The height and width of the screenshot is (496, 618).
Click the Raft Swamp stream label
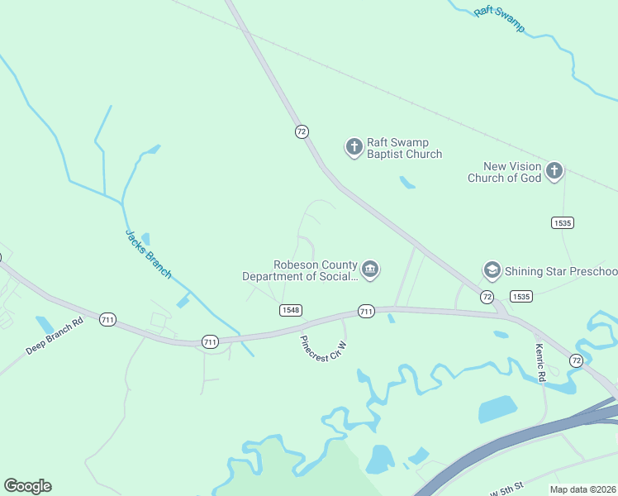point(500,20)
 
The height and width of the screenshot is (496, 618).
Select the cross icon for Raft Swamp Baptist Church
point(354,148)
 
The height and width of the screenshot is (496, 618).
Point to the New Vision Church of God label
point(504,172)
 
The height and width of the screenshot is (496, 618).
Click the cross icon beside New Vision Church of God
point(554,172)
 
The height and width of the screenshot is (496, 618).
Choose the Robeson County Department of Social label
point(300,270)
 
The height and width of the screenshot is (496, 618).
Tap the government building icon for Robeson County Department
point(370,269)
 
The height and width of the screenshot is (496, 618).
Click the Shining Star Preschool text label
point(562,271)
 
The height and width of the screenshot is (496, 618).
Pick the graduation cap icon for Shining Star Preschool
point(492,270)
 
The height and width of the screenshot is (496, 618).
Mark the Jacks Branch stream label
point(149,253)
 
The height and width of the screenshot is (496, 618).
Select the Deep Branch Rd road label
point(55,336)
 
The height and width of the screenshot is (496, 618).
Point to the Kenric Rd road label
point(541,362)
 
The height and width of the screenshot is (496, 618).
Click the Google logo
point(27,486)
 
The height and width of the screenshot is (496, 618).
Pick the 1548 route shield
point(290,310)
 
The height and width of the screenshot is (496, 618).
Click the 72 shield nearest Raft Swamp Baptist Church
point(302,131)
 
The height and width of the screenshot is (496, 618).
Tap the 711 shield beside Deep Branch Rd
point(107,319)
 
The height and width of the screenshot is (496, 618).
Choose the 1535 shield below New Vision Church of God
point(563,222)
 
